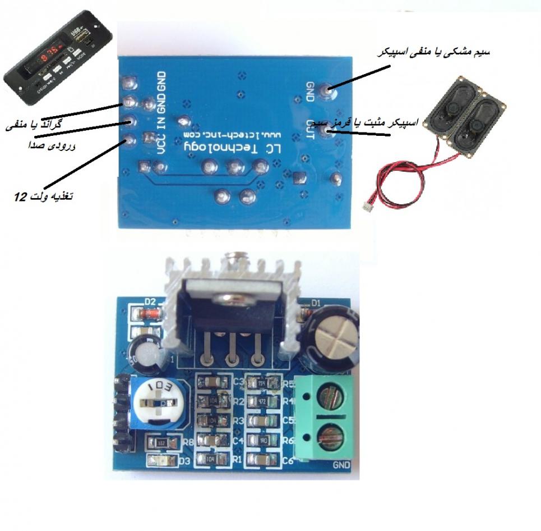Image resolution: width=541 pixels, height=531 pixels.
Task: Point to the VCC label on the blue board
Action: pyautogui.click(x=161, y=140)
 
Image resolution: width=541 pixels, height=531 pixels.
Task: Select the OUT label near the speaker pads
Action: pyautogui.click(x=309, y=126)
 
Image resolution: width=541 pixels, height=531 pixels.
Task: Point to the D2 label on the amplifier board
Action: pyautogui.click(x=150, y=301)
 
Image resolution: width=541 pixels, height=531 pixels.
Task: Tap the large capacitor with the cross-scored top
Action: pyautogui.click(x=332, y=337)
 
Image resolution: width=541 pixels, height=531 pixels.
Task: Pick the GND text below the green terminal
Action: pyautogui.click(x=341, y=465)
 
